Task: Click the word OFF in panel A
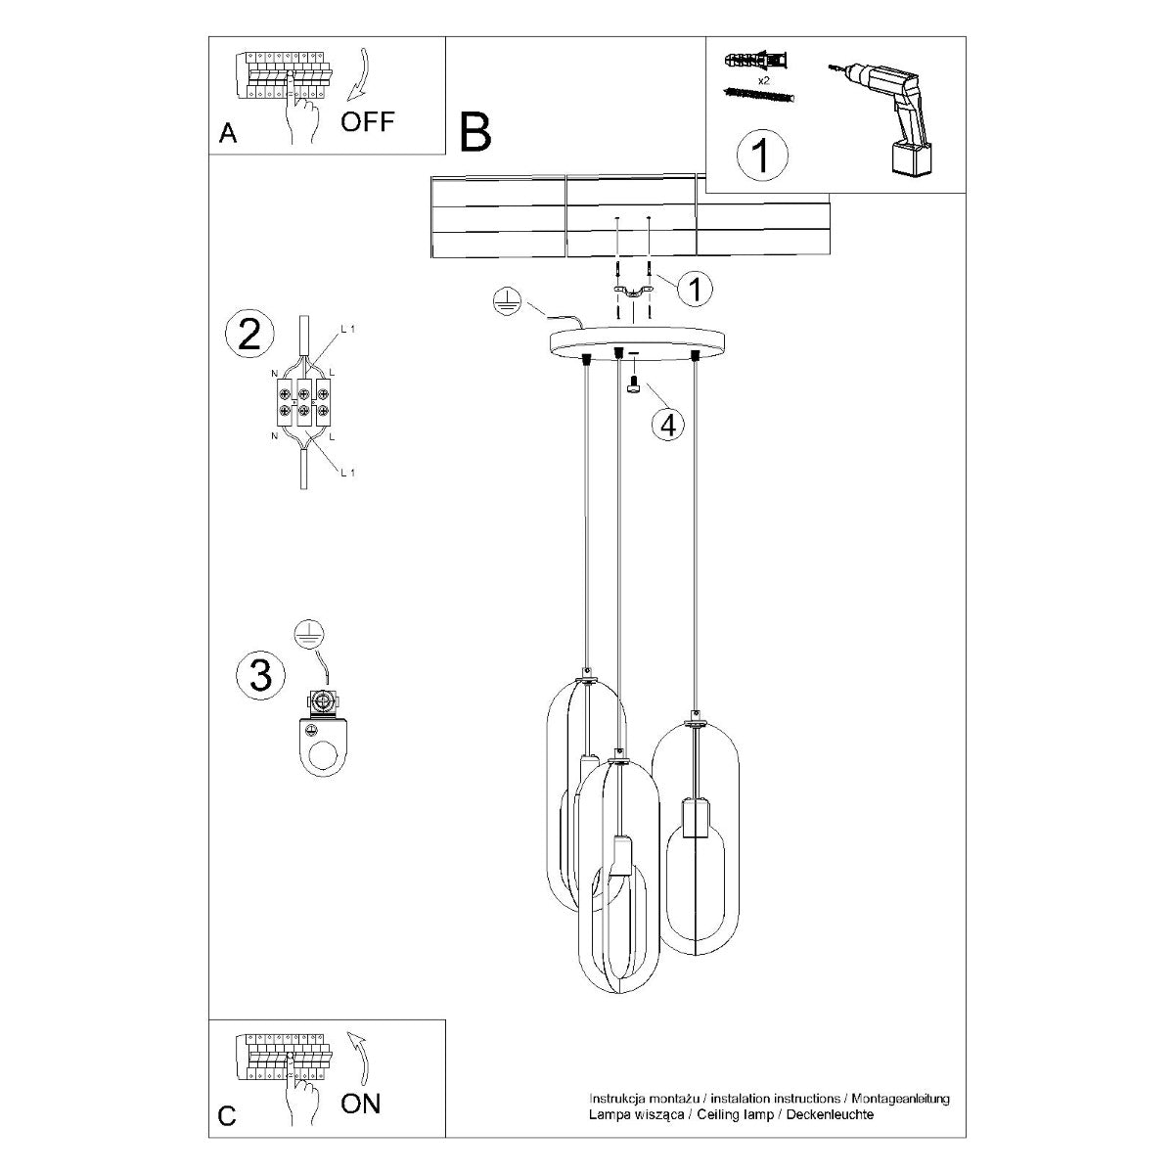click(x=368, y=122)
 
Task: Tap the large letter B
click(x=475, y=133)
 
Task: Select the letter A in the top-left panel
click(x=228, y=134)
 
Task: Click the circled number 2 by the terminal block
click(x=249, y=335)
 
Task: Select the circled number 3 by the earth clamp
click(x=261, y=674)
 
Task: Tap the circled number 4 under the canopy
click(x=668, y=426)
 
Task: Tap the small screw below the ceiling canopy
click(x=633, y=386)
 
